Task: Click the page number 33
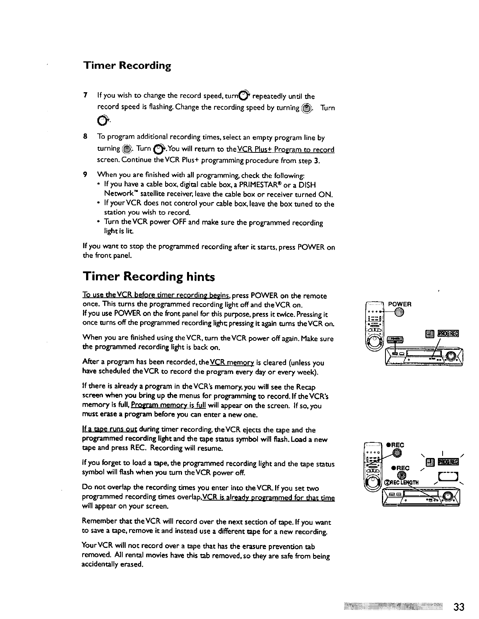[459, 607]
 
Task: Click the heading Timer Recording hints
[149, 277]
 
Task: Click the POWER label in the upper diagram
[399, 304]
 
